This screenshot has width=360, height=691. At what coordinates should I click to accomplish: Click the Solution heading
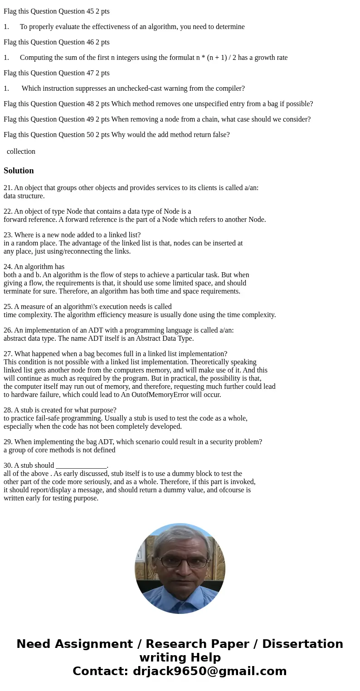(19, 171)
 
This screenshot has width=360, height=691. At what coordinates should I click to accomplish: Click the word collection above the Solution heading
(21, 152)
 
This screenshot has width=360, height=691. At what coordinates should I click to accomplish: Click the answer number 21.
(8, 188)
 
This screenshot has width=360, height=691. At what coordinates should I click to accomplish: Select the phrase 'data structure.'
(24, 196)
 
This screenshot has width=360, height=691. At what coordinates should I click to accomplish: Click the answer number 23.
(8, 235)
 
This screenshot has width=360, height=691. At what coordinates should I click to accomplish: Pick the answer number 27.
(8, 354)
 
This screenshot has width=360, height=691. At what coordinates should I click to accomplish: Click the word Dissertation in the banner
(302, 644)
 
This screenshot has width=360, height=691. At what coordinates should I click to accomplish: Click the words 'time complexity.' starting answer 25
(28, 315)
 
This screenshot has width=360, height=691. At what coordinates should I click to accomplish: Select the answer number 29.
(8, 442)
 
